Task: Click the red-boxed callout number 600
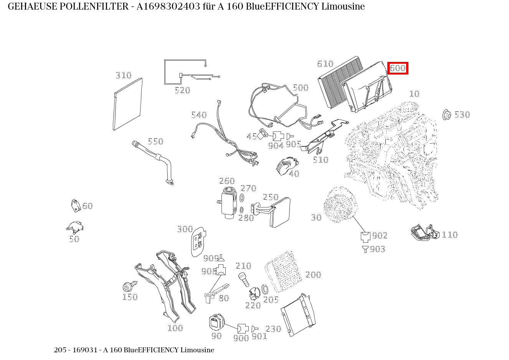pyautogui.click(x=397, y=68)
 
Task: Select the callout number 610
pyautogui.click(x=325, y=64)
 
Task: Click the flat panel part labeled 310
pyautogui.click(x=128, y=105)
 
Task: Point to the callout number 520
pyautogui.click(x=182, y=91)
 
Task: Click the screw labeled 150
pyautogui.click(x=128, y=286)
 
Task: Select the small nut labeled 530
pyautogui.click(x=446, y=114)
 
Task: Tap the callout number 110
pyautogui.click(x=450, y=235)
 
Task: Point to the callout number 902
pyautogui.click(x=380, y=236)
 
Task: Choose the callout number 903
pyautogui.click(x=377, y=249)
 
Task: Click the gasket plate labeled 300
pyautogui.click(x=198, y=241)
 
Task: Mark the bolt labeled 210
pyautogui.click(x=243, y=279)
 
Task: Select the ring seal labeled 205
pyautogui.click(x=265, y=289)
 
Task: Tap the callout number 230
pyautogui.click(x=273, y=329)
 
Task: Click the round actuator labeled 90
pyautogui.click(x=216, y=322)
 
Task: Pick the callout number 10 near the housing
pyautogui.click(x=414, y=94)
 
